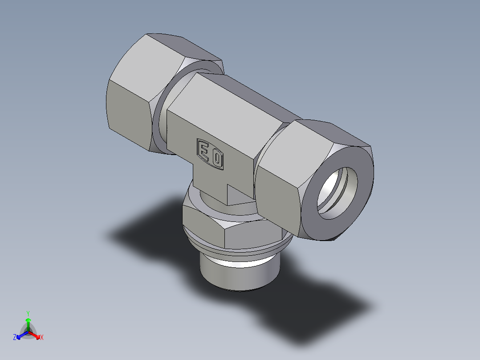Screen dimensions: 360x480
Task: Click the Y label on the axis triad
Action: (28, 313)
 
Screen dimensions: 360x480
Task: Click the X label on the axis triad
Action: (42, 338)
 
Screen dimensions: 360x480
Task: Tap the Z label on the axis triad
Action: (15, 338)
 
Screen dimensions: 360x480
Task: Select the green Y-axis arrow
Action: (28, 323)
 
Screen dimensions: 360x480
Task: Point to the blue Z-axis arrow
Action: (20, 335)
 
